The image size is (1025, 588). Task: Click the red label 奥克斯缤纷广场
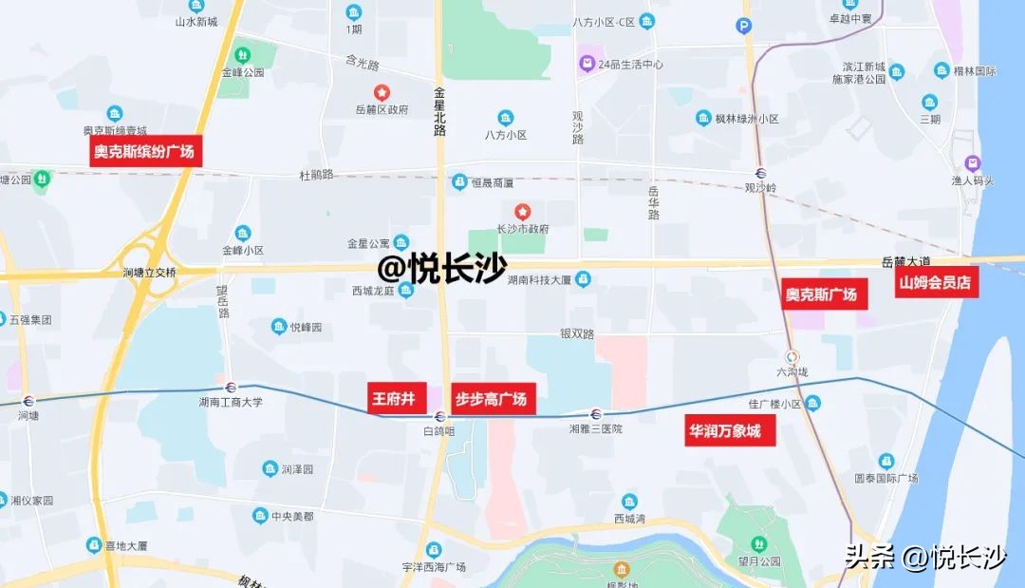tap(146, 152)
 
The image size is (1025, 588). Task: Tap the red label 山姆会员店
tap(937, 282)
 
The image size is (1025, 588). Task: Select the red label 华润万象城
tap(724, 431)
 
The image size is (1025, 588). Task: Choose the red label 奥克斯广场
tap(821, 294)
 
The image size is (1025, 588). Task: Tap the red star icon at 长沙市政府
tap(521, 211)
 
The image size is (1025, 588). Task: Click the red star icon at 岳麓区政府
tap(382, 92)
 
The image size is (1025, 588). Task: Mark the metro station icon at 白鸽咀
tap(439, 416)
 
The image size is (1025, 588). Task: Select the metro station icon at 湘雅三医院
tap(596, 413)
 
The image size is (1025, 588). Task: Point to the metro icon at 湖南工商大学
tap(230, 387)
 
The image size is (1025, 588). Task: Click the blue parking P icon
tap(744, 27)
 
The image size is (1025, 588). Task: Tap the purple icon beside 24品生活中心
tap(587, 65)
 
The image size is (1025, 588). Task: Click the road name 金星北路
tap(439, 113)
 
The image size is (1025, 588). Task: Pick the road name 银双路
tap(576, 334)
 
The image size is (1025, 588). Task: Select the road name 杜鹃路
tap(317, 175)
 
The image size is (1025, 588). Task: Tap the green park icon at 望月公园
tap(758, 543)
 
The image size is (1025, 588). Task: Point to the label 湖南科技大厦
tap(538, 279)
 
